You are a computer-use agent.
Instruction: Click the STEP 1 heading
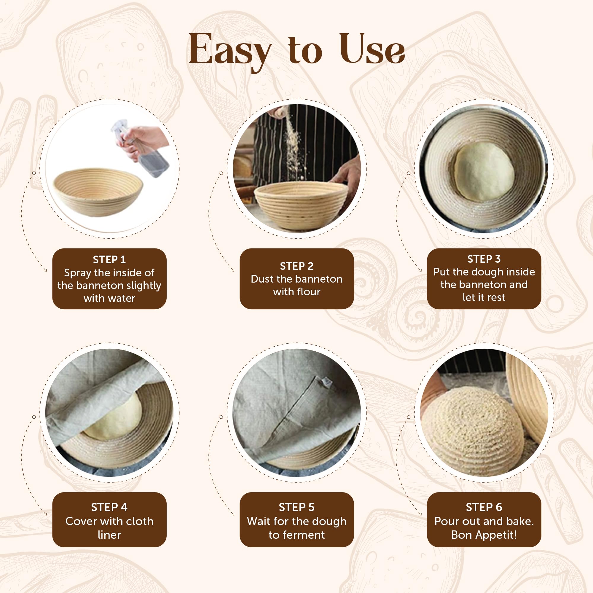pos(109,260)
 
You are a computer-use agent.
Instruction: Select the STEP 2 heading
pos(296,266)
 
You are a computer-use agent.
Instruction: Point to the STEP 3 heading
pos(484,259)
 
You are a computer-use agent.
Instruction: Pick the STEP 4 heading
pos(109,507)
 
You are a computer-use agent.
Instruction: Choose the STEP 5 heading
pos(296,507)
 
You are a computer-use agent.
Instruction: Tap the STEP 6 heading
pos(484,507)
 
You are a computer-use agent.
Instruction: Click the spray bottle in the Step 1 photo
pos(147,154)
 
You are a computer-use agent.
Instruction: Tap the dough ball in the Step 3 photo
pos(484,171)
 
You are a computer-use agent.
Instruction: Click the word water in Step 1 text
pos(122,298)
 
